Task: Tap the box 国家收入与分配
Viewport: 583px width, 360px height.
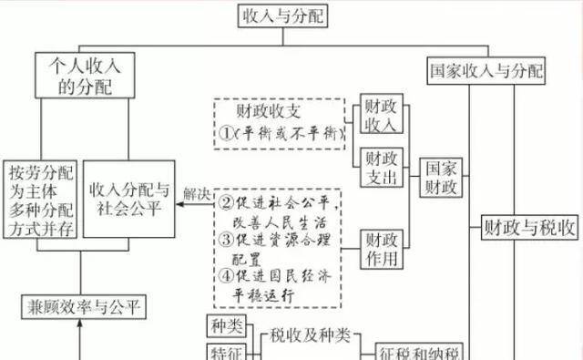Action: tap(486, 70)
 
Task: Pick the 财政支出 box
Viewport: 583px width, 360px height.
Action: tap(380, 168)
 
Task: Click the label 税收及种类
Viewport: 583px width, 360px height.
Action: tap(310, 335)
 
